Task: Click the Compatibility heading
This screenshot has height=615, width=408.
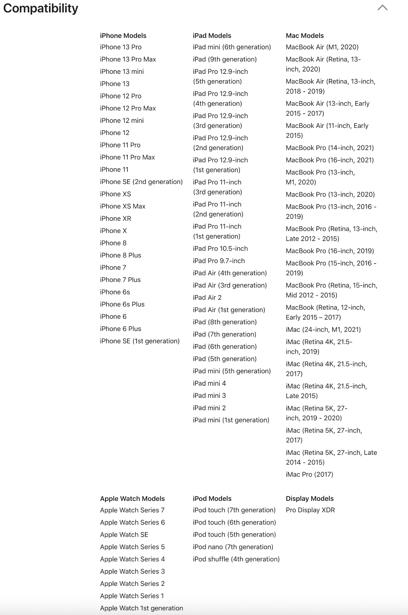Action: pyautogui.click(x=41, y=8)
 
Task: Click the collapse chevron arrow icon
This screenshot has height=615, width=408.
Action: pyautogui.click(x=382, y=8)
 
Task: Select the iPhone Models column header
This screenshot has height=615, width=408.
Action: pyautogui.click(x=123, y=36)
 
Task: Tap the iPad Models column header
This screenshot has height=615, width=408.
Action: pyautogui.click(x=212, y=36)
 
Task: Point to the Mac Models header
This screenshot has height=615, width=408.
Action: pyautogui.click(x=305, y=36)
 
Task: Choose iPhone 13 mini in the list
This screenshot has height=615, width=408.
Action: pyautogui.click(x=122, y=72)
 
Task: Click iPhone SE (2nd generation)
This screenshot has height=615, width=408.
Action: pyautogui.click(x=141, y=182)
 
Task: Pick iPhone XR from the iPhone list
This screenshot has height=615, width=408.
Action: pyautogui.click(x=115, y=219)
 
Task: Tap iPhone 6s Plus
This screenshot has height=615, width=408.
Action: pyautogui.click(x=122, y=304)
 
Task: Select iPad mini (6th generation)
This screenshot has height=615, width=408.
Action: pyautogui.click(x=232, y=47)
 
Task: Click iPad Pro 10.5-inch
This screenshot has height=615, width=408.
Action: pyautogui.click(x=220, y=248)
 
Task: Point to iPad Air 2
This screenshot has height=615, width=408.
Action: pyautogui.click(x=207, y=297)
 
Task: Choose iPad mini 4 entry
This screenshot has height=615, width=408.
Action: pyautogui.click(x=209, y=383)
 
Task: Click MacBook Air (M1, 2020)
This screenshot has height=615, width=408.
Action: pyautogui.click(x=322, y=47)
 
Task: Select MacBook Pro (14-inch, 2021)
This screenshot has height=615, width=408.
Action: pyautogui.click(x=330, y=148)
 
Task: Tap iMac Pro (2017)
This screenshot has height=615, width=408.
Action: pyautogui.click(x=309, y=474)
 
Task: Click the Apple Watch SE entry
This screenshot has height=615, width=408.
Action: pyautogui.click(x=124, y=534)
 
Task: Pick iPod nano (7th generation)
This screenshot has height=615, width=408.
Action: pyautogui.click(x=233, y=547)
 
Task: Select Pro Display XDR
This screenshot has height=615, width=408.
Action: pyautogui.click(x=310, y=510)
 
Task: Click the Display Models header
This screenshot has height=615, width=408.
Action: pyautogui.click(x=310, y=499)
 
